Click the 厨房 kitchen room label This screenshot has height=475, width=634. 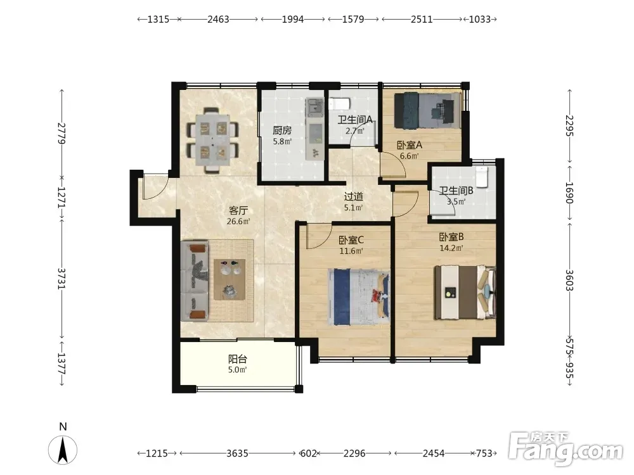pos(282,130)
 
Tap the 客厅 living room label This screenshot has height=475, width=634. pos(238,210)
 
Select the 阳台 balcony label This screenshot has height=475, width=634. pos(237,358)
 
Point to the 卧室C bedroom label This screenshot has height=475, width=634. pos(351,240)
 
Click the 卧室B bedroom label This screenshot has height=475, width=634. pos(451,237)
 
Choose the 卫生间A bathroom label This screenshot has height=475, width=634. pos(355,120)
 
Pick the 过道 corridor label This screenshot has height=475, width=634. pos(353,197)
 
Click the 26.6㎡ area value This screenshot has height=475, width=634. pos(238,221)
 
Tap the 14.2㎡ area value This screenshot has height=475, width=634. pos(451,248)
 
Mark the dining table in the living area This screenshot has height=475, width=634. pos(212,140)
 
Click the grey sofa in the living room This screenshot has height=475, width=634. pos(195,281)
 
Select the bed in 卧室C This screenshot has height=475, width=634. pos(359,297)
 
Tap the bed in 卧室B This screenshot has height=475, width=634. pos(465,292)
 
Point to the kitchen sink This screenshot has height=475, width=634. pos(314,108)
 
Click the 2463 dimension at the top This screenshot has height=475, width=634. pos(218,19)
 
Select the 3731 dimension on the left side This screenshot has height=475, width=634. pos(61,279)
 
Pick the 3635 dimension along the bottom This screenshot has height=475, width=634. pos(237,453)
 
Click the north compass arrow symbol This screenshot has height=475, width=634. pos(63,450)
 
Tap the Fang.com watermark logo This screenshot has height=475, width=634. pos(566,448)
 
